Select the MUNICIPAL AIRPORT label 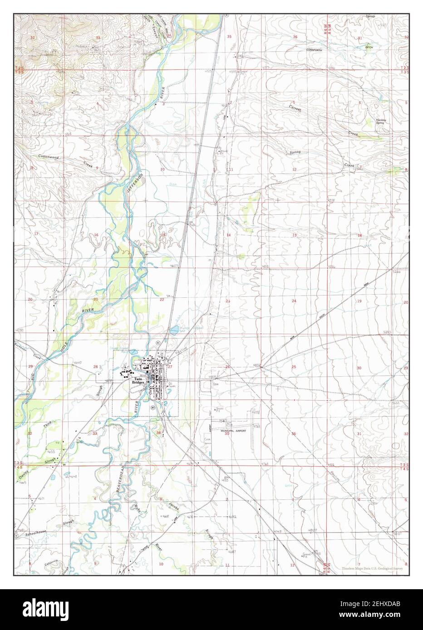pos(233,431)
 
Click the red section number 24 pos(294,301)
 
